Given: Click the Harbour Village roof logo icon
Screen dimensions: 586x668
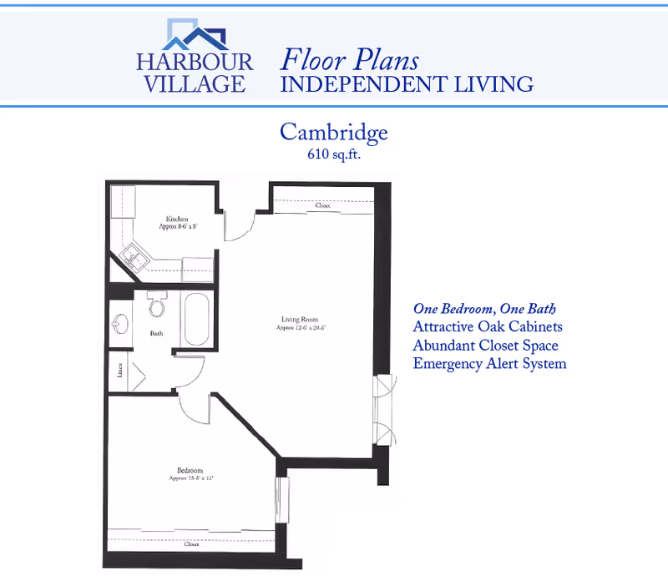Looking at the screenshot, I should click(196, 34).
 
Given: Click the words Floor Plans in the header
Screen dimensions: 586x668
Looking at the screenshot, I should click(350, 60).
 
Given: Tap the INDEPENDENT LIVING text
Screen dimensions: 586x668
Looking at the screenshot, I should click(407, 83).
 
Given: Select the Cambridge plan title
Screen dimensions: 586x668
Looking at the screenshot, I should click(334, 132).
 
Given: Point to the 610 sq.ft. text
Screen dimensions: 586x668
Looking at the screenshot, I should click(334, 154).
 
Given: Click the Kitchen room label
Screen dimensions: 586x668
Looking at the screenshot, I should click(177, 220).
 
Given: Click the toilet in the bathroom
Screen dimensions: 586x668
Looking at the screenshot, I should click(155, 306).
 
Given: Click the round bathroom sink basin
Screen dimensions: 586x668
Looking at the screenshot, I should click(120, 323).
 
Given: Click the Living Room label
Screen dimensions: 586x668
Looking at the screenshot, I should click(299, 319).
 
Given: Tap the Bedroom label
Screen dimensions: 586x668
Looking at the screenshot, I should click(190, 471).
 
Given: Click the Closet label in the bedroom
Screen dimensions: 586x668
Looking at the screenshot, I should click(192, 543).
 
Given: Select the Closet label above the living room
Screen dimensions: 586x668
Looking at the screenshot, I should click(322, 205).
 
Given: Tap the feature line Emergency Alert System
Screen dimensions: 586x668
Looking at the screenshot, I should click(490, 363).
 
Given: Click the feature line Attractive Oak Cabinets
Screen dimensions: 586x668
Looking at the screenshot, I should click(488, 326).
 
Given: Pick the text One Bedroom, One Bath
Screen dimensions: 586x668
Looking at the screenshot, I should click(485, 309).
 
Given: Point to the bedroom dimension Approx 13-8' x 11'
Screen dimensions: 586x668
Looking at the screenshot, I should click(190, 479).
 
